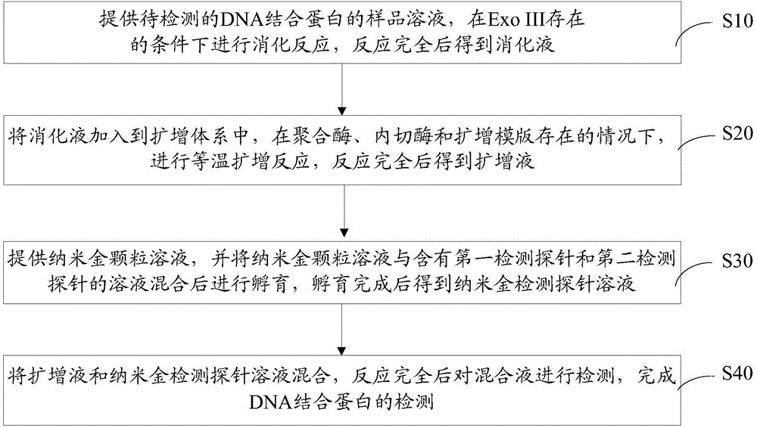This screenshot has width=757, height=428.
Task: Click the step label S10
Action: [x=737, y=20]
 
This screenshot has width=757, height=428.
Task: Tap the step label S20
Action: [x=737, y=134]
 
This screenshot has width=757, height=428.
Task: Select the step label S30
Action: [x=737, y=261]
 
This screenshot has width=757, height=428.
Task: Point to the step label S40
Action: [x=737, y=373]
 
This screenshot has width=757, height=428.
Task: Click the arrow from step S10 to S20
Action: [x=342, y=88]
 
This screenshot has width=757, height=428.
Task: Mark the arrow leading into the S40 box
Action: [x=342, y=330]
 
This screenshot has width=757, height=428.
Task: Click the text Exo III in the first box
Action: [x=512, y=19]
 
